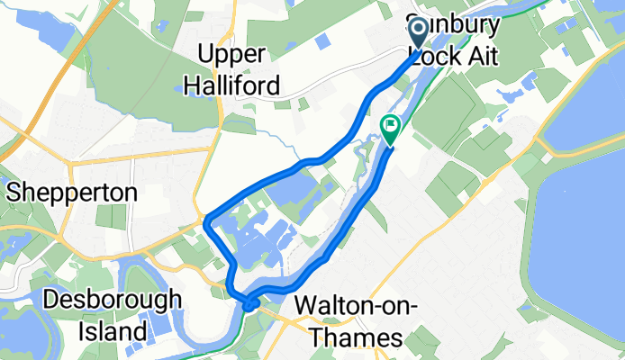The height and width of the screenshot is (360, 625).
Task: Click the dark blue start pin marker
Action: pos(420,34)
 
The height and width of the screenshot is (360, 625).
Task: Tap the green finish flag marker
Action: pos(391,129)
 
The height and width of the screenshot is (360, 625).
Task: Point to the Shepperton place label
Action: pos(73,192)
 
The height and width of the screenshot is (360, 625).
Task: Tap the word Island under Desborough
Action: pos(118,330)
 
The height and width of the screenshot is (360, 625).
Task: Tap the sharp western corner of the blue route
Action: pos(207,220)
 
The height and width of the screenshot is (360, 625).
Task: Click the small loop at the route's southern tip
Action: pos(249,304)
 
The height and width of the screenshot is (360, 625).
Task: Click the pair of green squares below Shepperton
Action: pos(110,216)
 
